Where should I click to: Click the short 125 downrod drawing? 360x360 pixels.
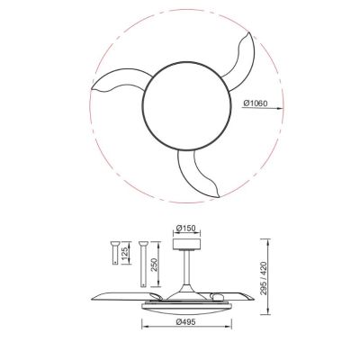tap(116, 256)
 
